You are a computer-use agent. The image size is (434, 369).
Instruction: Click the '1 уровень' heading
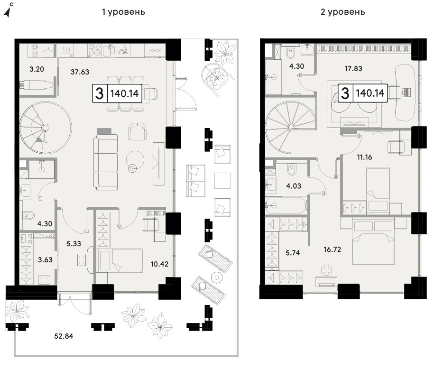click(x=123, y=12)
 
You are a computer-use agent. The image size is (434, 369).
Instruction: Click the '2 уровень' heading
click(x=342, y=12)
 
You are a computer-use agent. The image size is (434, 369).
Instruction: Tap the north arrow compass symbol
click(x=9, y=10)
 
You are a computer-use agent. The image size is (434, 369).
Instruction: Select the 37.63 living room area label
click(x=80, y=72)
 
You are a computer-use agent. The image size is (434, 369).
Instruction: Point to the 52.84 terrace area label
click(x=64, y=336)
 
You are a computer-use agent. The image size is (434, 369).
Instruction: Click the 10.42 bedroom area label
click(x=159, y=264)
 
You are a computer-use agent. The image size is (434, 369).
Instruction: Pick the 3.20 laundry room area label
click(x=37, y=69)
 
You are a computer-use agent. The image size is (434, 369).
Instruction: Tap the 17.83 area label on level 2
click(x=353, y=68)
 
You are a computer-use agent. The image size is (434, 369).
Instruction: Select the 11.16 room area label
click(x=364, y=157)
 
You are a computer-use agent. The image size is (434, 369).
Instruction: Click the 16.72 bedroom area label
click(x=332, y=249)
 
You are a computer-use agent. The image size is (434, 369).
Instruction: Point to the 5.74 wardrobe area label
click(x=293, y=253)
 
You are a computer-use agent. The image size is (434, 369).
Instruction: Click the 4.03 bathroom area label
click(x=294, y=186)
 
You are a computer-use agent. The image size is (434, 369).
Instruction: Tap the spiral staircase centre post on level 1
click(x=46, y=128)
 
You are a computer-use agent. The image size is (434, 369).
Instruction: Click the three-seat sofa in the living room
click(x=105, y=163)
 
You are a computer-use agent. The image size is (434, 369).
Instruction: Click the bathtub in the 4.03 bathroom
click(x=286, y=205)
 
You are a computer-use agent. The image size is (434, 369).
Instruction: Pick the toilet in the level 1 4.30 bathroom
click(x=28, y=215)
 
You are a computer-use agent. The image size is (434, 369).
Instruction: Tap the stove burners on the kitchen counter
click(x=95, y=50)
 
